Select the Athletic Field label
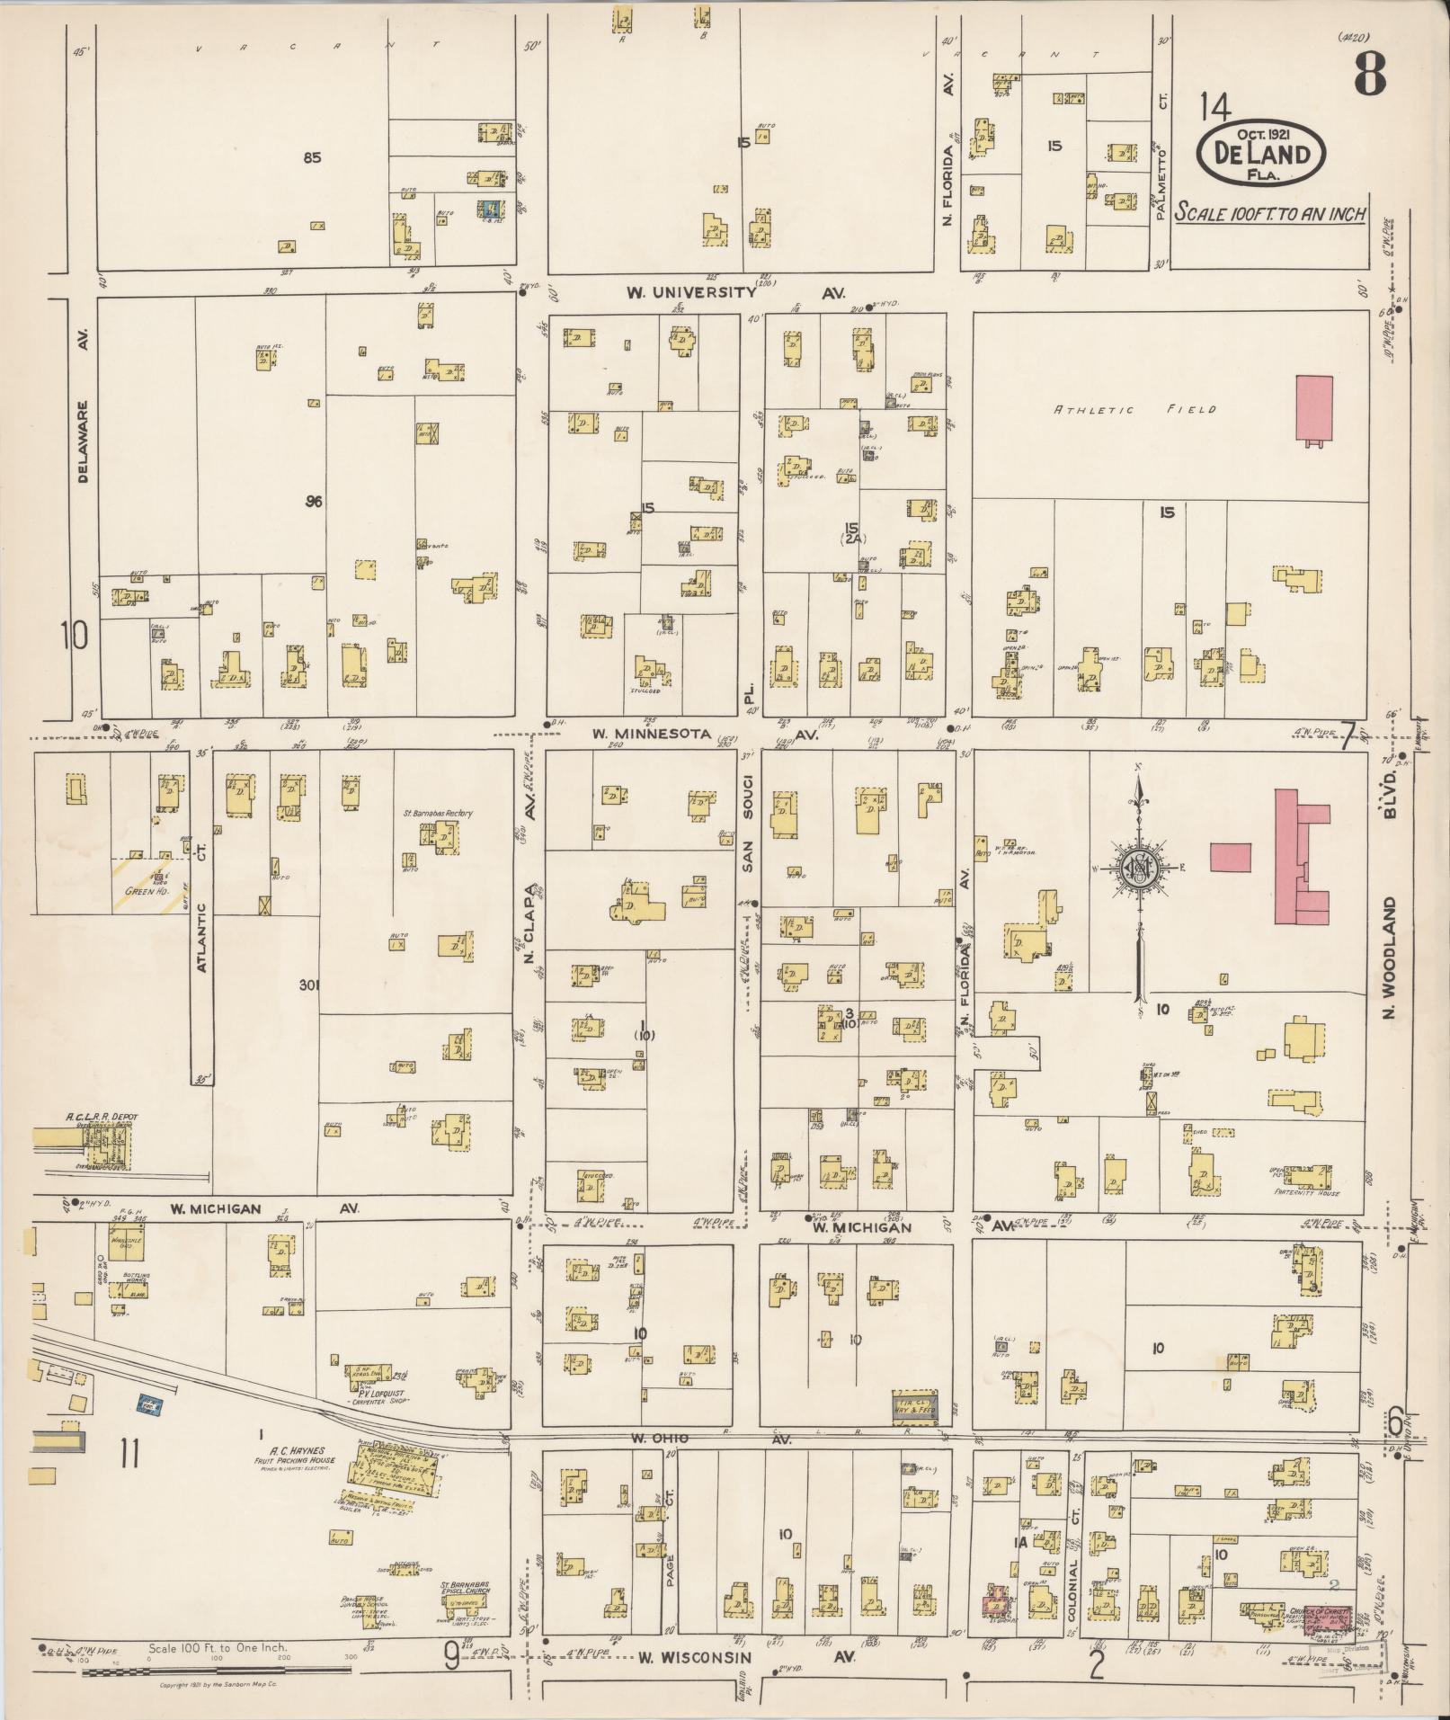pyautogui.click(x=1135, y=410)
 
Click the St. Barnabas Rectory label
pyautogui.click(x=438, y=813)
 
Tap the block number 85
pyautogui.click(x=312, y=157)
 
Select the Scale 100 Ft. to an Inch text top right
pyautogui.click(x=1271, y=215)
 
